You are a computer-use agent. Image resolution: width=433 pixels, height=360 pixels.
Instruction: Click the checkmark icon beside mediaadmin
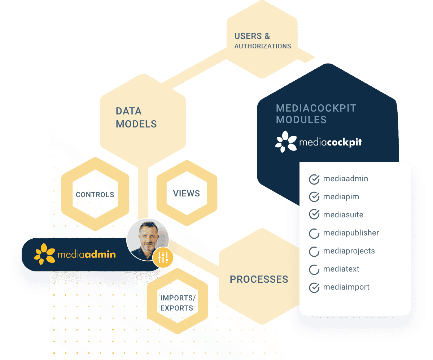click(314, 179)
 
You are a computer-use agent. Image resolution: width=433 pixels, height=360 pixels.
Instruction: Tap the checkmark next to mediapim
click(314, 197)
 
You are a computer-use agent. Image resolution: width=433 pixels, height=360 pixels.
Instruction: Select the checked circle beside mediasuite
click(314, 215)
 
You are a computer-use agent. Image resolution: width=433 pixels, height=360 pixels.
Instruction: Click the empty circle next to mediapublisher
click(314, 233)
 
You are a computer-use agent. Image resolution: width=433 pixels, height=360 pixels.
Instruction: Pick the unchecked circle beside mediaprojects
click(314, 251)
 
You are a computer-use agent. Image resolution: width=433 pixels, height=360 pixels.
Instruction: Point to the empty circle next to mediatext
click(314, 269)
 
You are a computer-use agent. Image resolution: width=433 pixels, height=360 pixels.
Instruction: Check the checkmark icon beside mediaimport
click(314, 288)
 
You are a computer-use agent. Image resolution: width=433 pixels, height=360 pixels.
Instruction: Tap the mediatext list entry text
click(341, 269)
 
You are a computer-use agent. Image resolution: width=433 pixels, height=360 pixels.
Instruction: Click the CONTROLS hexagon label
click(95, 195)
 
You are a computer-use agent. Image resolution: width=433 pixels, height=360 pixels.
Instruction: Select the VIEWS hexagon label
click(187, 194)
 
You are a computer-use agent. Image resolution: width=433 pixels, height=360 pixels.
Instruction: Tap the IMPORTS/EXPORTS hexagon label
click(177, 303)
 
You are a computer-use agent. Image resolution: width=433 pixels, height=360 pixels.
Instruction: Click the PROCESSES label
click(259, 279)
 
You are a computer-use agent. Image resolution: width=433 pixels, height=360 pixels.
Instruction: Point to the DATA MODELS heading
click(136, 117)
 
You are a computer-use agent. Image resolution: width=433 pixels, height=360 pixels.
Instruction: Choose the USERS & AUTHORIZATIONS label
click(262, 41)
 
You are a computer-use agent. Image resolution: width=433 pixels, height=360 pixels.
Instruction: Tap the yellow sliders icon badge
click(163, 257)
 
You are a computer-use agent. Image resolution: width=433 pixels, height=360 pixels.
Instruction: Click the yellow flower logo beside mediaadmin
click(44, 254)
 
